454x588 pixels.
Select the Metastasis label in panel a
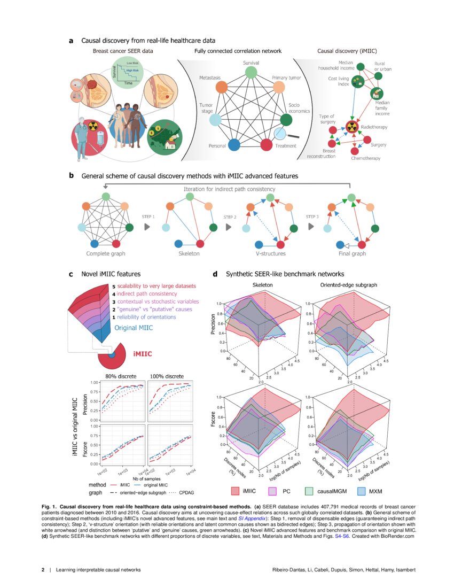(210, 78)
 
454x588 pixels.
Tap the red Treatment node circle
(267, 144)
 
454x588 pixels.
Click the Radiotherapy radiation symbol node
(351, 127)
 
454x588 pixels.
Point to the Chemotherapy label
(366, 158)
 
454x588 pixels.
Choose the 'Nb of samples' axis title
(144, 478)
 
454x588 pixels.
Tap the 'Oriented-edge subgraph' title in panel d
(348, 285)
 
